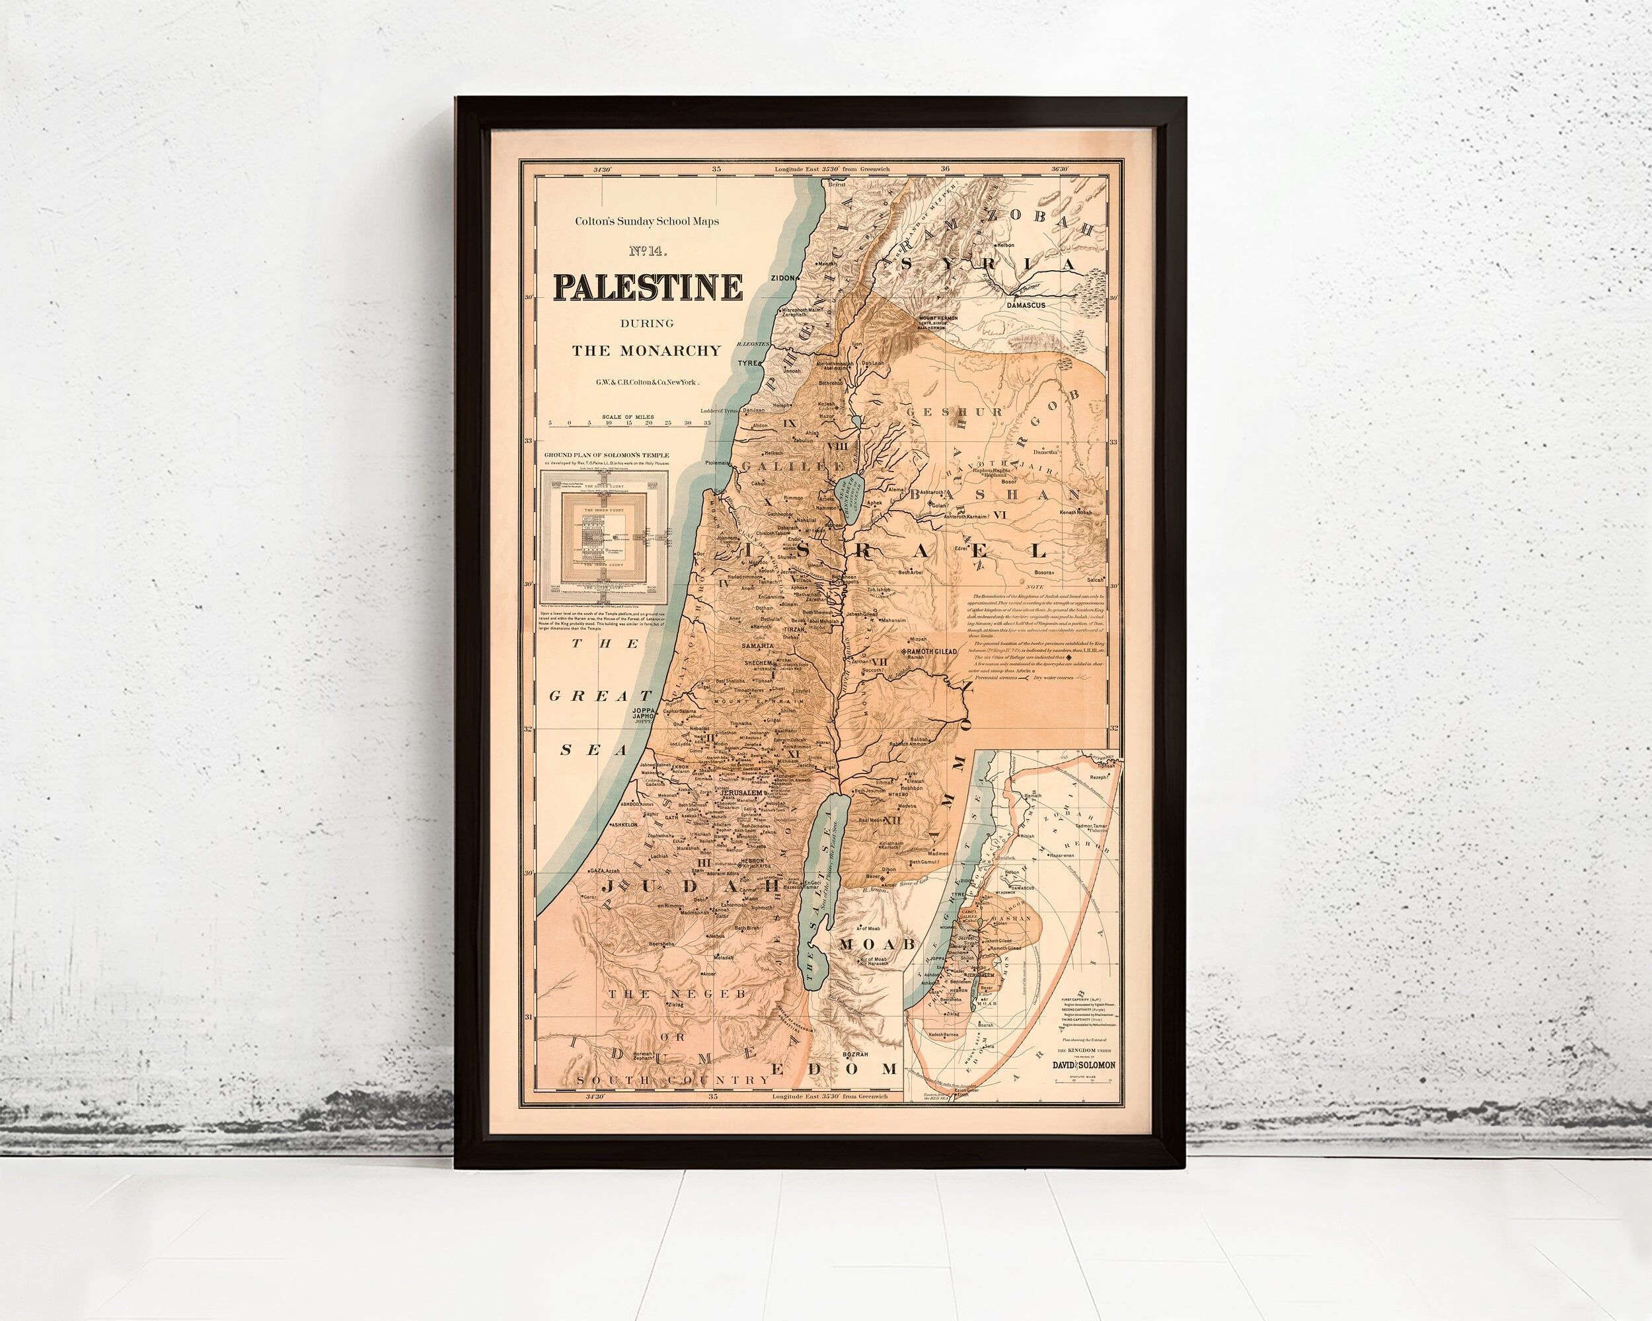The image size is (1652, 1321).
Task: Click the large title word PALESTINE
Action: pyautogui.click(x=648, y=288)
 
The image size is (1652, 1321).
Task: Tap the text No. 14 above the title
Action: pyautogui.click(x=648, y=250)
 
